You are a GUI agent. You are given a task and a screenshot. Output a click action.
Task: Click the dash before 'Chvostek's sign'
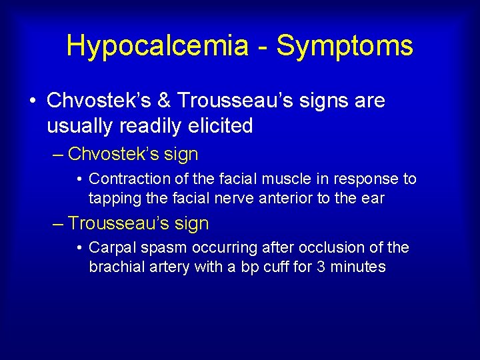(x=58, y=155)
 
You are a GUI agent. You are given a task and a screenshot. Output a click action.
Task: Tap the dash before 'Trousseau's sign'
(x=58, y=224)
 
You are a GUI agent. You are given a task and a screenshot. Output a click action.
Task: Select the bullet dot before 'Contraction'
(x=80, y=179)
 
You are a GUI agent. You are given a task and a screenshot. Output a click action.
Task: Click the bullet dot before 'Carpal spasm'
(x=80, y=249)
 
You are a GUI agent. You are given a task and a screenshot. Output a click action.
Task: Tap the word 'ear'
(x=373, y=198)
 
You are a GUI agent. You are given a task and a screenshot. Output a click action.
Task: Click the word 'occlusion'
(x=330, y=248)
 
